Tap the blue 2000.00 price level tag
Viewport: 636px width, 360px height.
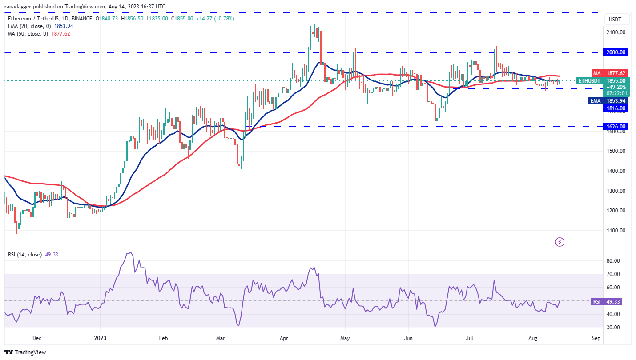pyautogui.click(x=616, y=52)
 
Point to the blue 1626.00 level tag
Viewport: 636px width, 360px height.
pyautogui.click(x=616, y=126)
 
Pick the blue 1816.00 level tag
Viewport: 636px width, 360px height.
pyautogui.click(x=616, y=108)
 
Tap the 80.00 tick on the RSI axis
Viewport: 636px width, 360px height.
pyautogui.click(x=614, y=261)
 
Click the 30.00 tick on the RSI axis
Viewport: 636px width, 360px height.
pyautogui.click(x=614, y=328)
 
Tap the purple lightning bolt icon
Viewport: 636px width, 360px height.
pyautogui.click(x=560, y=242)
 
